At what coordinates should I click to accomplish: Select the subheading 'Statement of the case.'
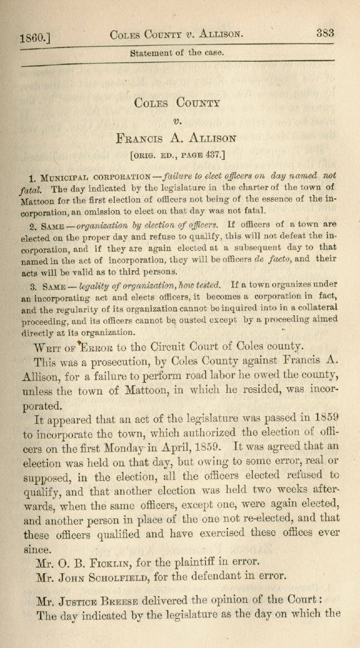176,53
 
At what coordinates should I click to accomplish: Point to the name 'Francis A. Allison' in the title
177,137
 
